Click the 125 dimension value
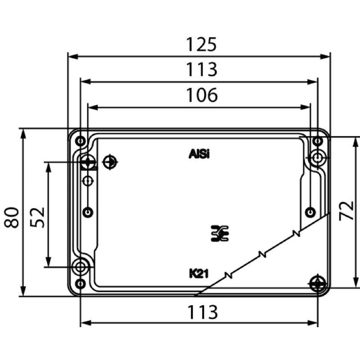point(202,45)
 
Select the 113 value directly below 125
point(202,70)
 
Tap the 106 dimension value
point(202,95)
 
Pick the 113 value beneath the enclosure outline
point(202,311)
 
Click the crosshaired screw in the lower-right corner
point(318,283)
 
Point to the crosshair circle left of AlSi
point(109,162)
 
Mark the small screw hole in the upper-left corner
point(80,141)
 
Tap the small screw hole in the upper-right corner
point(318,141)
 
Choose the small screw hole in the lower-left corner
point(80,283)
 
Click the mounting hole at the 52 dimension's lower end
point(81,266)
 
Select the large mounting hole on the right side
point(318,157)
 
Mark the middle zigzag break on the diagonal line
point(261,254)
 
